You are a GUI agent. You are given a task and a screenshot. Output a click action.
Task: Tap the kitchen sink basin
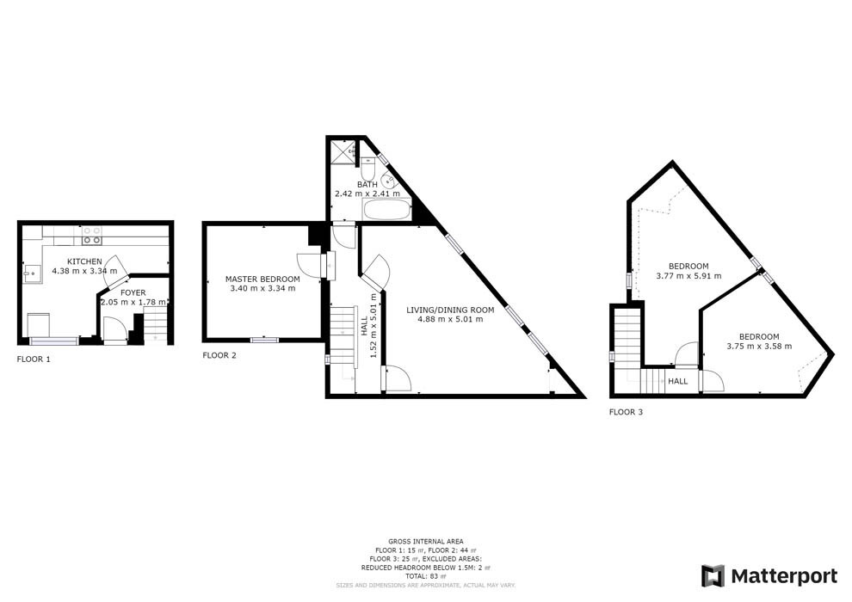30,274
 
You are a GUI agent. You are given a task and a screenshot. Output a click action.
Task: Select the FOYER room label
133,292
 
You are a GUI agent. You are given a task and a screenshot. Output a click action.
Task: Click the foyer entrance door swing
113,329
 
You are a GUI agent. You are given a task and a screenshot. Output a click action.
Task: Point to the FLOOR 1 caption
34,359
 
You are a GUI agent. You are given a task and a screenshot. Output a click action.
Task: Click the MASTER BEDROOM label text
262,279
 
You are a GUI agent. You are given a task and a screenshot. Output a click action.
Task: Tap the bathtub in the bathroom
387,212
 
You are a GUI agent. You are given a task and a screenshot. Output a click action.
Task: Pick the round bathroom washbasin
389,181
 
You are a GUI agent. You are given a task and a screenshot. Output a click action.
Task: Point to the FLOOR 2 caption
219,355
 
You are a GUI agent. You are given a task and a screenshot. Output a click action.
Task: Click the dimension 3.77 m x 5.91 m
688,276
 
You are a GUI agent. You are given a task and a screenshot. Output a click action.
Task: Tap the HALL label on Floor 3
678,381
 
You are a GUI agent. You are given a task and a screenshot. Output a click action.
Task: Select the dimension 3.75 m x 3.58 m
758,347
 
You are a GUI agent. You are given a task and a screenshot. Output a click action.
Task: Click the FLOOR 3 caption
626,413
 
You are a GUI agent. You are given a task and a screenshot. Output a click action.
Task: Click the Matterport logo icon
713,575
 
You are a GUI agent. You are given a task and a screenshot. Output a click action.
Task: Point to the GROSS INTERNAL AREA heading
426,541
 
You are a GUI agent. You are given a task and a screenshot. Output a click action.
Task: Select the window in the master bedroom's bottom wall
264,340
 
